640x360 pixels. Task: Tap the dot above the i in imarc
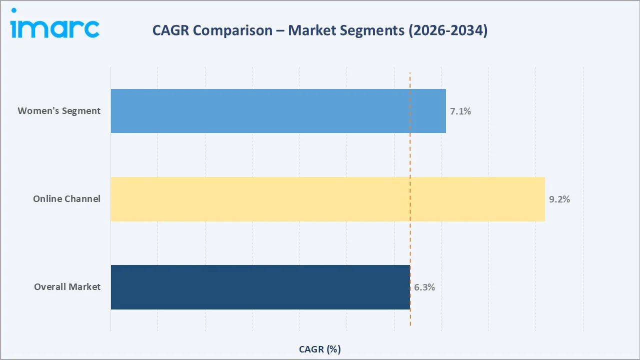[14, 10]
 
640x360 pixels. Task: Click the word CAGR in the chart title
[170, 30]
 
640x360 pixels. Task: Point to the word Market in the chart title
[314, 30]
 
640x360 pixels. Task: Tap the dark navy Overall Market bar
[260, 287]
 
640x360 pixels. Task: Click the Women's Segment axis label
[59, 111]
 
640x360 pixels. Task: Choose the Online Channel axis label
[66, 199]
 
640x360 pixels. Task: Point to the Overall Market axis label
[67, 287]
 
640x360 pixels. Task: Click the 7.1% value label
[460, 111]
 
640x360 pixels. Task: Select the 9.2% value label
[559, 199]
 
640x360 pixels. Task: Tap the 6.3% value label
[424, 287]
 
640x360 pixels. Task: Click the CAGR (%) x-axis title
[319, 349]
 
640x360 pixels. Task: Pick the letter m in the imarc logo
[33, 29]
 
